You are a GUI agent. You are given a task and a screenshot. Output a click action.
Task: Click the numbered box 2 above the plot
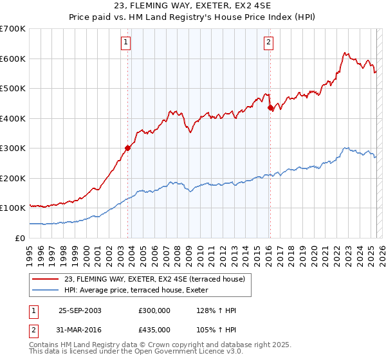pyautogui.click(x=268, y=43)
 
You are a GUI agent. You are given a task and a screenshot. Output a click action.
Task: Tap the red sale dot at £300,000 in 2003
pyautogui.click(x=128, y=148)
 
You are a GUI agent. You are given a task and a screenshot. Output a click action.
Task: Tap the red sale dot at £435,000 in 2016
pyautogui.click(x=271, y=109)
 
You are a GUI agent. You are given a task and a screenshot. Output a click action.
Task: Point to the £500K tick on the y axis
pyautogui.click(x=13, y=88)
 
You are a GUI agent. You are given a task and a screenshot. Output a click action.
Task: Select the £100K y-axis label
pyautogui.click(x=13, y=208)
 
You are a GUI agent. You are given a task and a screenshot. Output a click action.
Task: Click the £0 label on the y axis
pyautogui.click(x=19, y=238)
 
